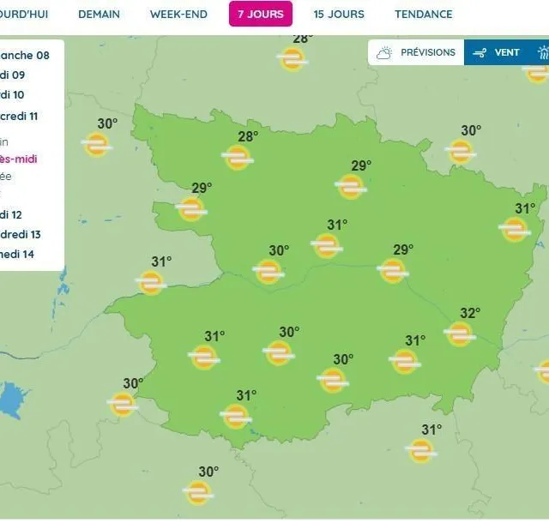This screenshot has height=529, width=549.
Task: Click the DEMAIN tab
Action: [x=99, y=14]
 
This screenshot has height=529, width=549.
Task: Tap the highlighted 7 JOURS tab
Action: [x=260, y=14]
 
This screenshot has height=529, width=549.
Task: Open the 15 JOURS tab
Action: [x=338, y=14]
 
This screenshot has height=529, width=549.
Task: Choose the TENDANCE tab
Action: [x=423, y=14]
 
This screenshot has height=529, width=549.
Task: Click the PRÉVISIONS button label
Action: [x=427, y=52]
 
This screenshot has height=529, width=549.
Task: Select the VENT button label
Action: [x=507, y=52]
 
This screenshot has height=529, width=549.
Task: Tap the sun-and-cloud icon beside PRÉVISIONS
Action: [x=384, y=52]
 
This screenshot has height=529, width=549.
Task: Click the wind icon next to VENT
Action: [x=480, y=52]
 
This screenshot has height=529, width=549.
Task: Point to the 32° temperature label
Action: [x=470, y=314]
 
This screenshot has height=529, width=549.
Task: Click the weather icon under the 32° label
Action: [x=460, y=333]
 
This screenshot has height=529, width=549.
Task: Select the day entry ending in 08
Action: [x=25, y=55]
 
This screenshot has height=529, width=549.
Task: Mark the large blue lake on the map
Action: [x=9, y=400]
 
